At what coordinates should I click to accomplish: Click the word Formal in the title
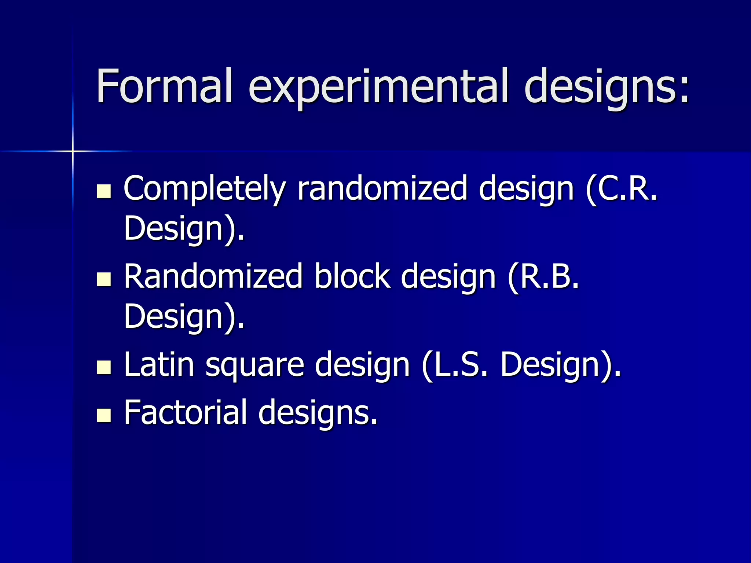pyautogui.click(x=164, y=86)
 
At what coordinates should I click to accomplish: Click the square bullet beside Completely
pyautogui.click(x=104, y=191)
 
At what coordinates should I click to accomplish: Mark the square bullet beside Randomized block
pyautogui.click(x=104, y=279)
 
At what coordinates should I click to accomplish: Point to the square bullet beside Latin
pyautogui.click(x=104, y=368)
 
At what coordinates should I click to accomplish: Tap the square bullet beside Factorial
pyautogui.click(x=104, y=416)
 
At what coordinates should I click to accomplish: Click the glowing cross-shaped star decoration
pyautogui.click(x=73, y=151)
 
